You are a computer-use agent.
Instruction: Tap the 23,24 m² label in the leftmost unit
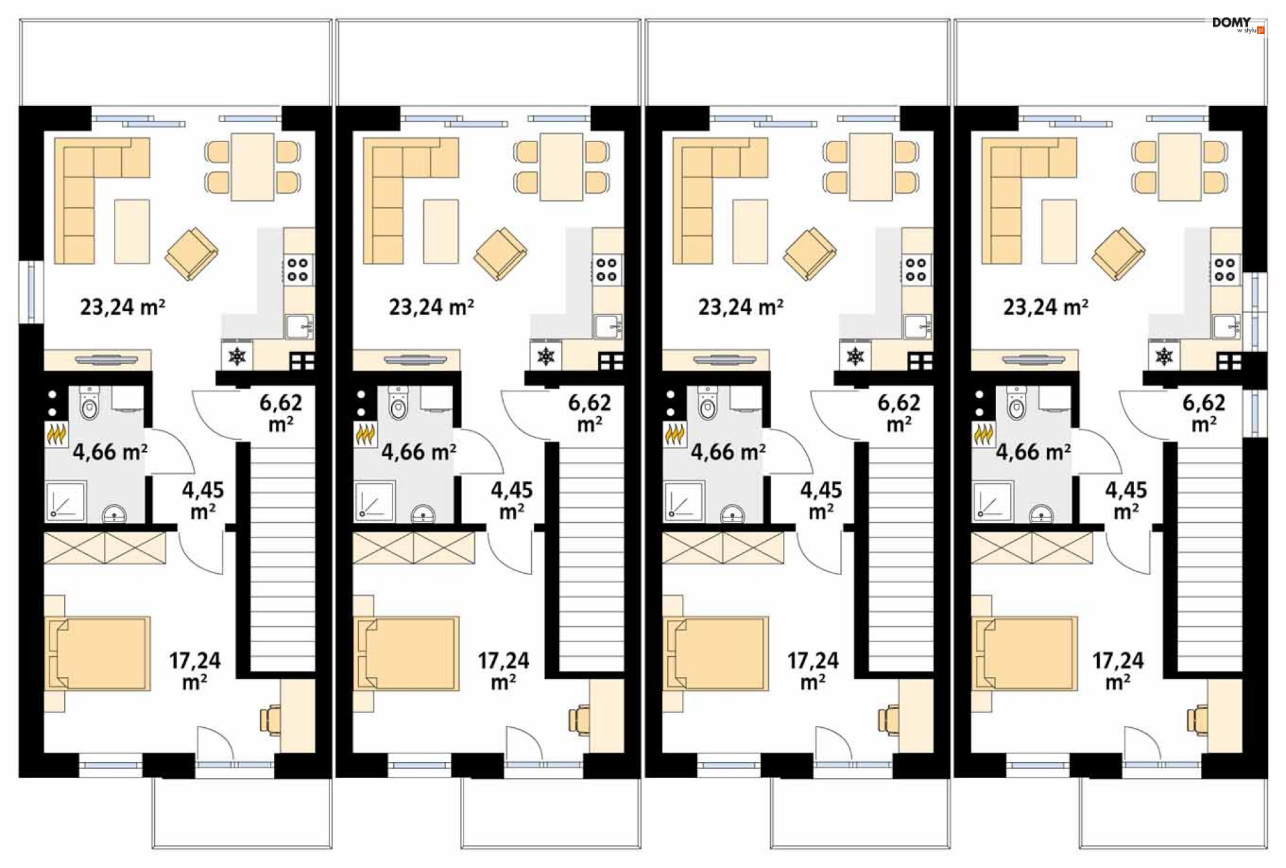123,307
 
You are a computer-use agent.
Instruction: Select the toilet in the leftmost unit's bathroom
89,402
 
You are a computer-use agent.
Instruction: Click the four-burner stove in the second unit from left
607,269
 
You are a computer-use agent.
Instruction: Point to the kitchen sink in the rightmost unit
1227,326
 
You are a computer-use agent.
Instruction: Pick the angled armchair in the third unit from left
810,253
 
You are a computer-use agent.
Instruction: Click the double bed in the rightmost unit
1025,654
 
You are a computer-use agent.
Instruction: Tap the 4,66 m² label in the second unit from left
419,452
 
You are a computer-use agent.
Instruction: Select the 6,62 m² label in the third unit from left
899,413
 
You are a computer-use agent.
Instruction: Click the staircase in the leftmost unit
282,556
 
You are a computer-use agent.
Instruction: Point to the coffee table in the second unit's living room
441,231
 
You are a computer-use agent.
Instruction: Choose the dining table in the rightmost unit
1180,167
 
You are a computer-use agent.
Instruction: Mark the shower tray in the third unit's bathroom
684,501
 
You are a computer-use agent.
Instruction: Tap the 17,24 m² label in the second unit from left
504,671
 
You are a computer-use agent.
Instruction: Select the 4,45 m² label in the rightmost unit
1126,500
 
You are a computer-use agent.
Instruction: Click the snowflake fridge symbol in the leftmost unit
237,356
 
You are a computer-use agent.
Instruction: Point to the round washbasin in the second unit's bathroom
423,515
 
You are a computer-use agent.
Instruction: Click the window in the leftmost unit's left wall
31,292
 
